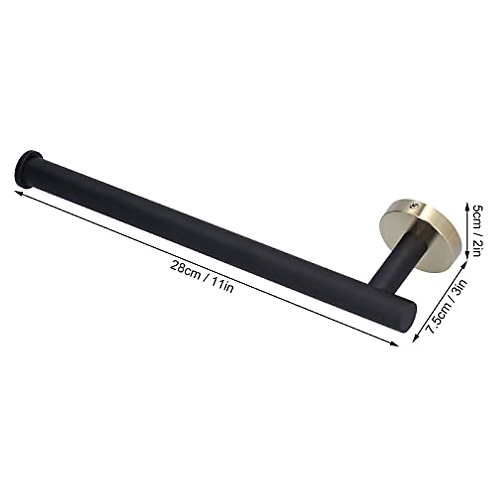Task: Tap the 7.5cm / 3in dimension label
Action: pos(446,305)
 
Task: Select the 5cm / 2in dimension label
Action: pos(475,230)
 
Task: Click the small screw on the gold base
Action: pos(413,204)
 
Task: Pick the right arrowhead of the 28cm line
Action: pos(396,344)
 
